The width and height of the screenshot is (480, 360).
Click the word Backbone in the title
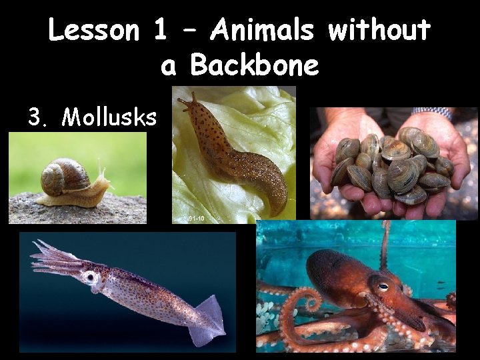tap(255, 66)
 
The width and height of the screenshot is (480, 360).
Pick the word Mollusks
tap(109, 117)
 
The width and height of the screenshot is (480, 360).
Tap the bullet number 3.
tap(36, 117)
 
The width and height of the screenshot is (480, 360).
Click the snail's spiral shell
tap(64, 177)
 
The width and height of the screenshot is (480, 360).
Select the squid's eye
tap(91, 276)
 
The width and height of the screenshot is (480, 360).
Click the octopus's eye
tap(383, 286)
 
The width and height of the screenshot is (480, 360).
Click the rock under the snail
tap(73, 210)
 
